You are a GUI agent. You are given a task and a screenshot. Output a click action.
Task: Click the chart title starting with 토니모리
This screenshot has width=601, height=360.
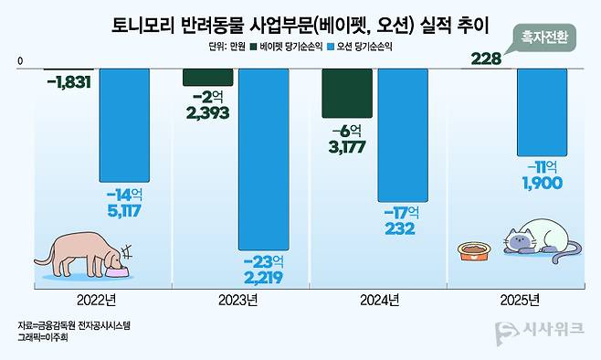[x=300, y=23]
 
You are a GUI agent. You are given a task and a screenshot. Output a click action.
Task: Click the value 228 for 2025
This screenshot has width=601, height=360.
[x=485, y=59]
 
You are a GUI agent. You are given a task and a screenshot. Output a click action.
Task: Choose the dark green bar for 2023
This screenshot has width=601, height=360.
[x=207, y=77]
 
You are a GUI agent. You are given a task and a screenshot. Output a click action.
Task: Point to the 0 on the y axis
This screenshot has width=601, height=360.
[x=20, y=60]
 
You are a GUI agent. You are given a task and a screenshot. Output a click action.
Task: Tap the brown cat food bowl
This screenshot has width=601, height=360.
[x=473, y=249]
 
